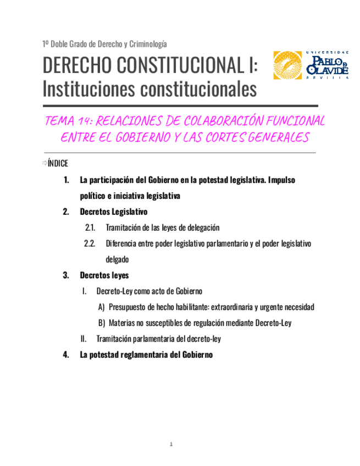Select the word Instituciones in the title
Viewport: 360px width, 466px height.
pyautogui.click(x=86, y=88)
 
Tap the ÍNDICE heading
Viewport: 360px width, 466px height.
pyautogui.click(x=58, y=163)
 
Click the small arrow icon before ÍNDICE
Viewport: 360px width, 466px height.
pyautogui.click(x=44, y=163)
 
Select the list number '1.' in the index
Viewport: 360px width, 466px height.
pyautogui.click(x=67, y=180)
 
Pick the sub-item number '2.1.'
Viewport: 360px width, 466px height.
pyautogui.click(x=91, y=228)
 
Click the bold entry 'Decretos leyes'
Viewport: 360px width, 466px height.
pyautogui.click(x=104, y=275)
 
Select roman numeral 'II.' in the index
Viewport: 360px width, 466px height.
pyautogui.click(x=84, y=339)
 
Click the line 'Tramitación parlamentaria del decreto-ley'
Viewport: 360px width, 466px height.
pyautogui.click(x=158, y=339)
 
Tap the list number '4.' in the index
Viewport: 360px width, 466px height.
pyautogui.click(x=67, y=355)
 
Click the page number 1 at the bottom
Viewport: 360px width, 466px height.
pyautogui.click(x=171, y=444)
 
